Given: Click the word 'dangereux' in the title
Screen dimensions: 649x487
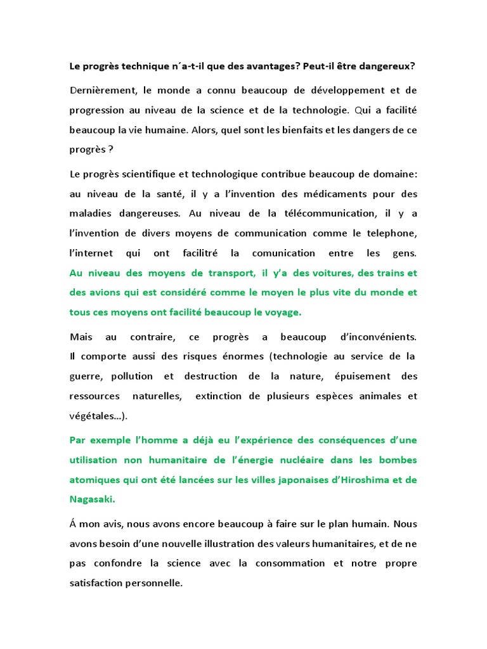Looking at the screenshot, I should click(x=389, y=67).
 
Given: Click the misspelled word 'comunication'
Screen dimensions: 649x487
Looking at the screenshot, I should click(x=283, y=253).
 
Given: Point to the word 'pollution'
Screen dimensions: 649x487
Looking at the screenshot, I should click(x=132, y=376).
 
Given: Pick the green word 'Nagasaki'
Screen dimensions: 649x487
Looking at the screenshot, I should click(x=91, y=499).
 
